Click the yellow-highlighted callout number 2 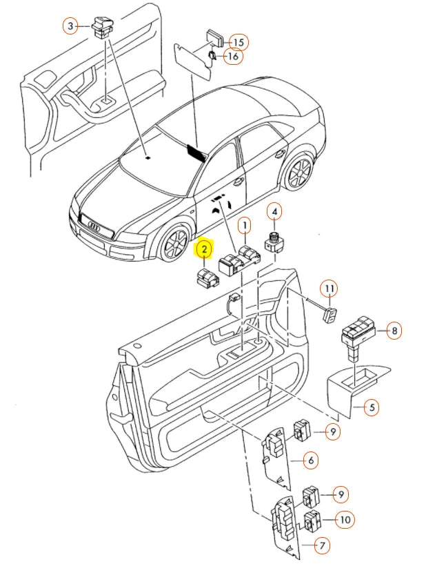click(x=205, y=247)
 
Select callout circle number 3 click(x=70, y=27)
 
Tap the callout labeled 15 click(x=236, y=42)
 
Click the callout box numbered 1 click(x=243, y=225)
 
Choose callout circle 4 click(x=274, y=212)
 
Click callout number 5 click(x=370, y=407)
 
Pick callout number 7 click(x=321, y=545)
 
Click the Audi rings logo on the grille click(x=92, y=225)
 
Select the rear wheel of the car click(x=299, y=173)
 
